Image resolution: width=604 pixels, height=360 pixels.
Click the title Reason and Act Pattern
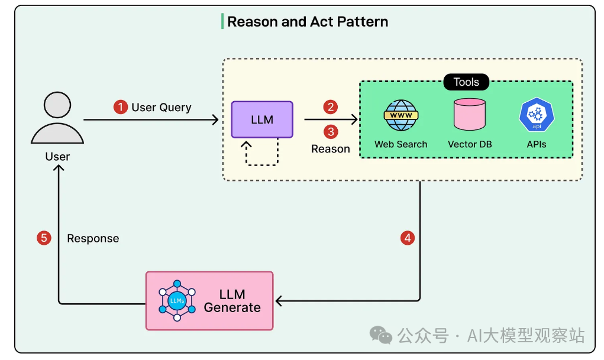click(x=308, y=22)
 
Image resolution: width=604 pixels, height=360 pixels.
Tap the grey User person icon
click(x=57, y=120)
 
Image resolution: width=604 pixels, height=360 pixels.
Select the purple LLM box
click(x=262, y=119)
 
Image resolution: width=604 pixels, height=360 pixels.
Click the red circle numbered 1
click(x=121, y=107)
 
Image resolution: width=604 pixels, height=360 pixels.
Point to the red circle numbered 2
click(x=331, y=107)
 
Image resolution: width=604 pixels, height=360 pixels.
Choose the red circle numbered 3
click(x=331, y=131)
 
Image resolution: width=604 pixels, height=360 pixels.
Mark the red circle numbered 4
click(x=407, y=238)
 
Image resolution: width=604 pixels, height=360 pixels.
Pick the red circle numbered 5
click(x=44, y=238)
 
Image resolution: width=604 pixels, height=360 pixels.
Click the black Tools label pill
click(x=466, y=82)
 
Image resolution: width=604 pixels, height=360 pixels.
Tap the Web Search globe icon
click(x=400, y=115)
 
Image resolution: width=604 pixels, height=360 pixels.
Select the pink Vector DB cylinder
click(x=470, y=115)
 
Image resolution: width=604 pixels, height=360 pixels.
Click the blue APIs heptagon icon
click(x=537, y=115)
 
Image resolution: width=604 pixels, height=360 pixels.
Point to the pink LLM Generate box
click(x=209, y=300)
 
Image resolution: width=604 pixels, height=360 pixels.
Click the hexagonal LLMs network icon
click(x=176, y=301)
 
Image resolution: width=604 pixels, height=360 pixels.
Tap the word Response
click(x=93, y=239)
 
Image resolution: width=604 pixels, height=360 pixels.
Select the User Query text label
click(x=162, y=107)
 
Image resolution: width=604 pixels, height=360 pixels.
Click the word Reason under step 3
click(x=331, y=149)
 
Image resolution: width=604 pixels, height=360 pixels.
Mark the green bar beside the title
click(x=222, y=22)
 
